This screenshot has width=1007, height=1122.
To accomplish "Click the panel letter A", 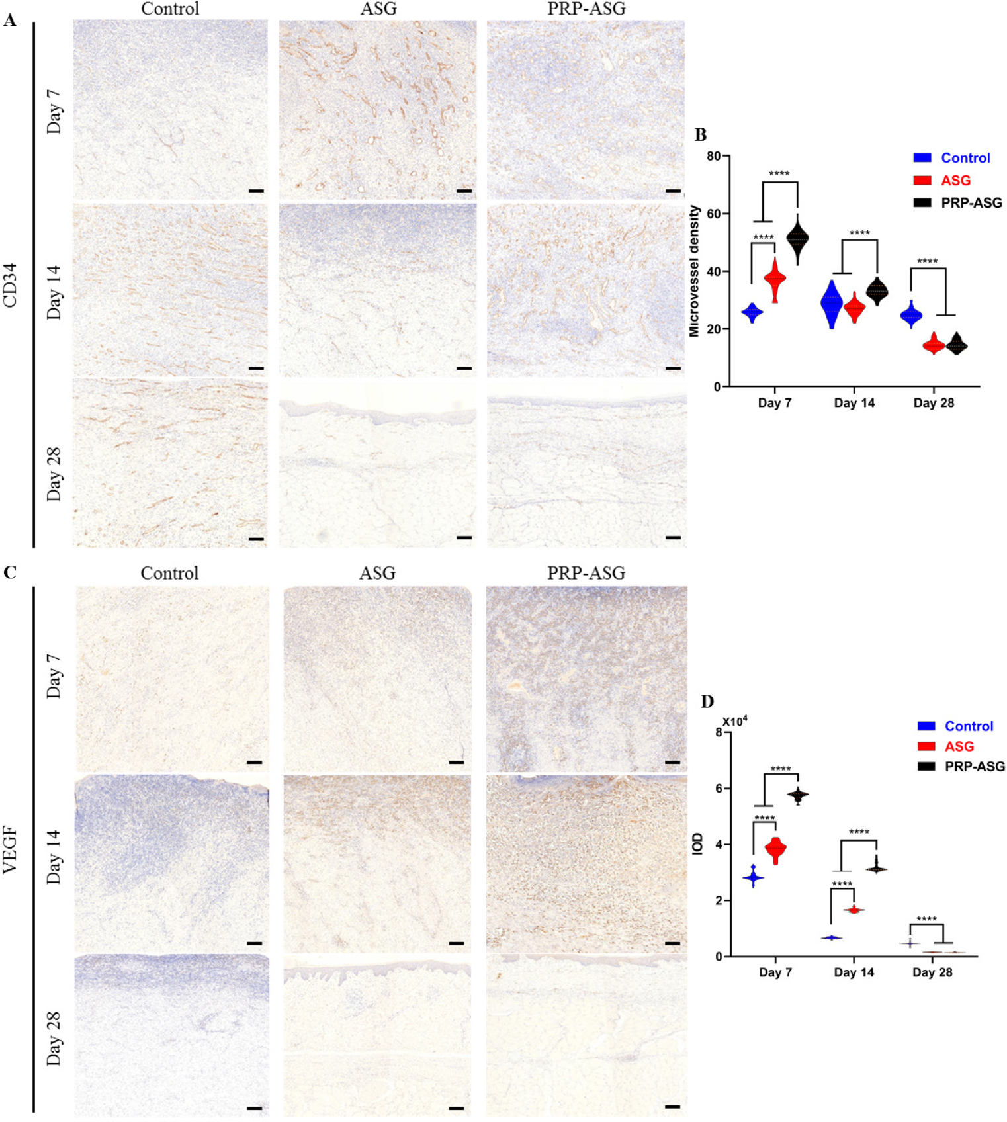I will pos(9,21).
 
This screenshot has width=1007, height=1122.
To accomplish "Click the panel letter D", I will pos(707,701).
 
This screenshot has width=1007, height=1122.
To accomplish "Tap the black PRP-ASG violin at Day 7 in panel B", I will pos(797,238).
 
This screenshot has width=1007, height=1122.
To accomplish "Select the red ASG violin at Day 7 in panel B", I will pos(775,279).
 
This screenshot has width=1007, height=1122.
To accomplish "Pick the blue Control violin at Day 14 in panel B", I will pos(832,304).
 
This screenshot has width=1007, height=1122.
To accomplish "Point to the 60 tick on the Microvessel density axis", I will pos(713,214).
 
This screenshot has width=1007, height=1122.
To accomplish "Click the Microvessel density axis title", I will pos(694,271).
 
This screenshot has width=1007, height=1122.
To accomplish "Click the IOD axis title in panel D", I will pos(697,843).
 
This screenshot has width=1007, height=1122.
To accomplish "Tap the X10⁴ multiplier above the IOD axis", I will pos(734,721).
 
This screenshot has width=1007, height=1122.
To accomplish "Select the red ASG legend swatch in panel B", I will pos(922,180).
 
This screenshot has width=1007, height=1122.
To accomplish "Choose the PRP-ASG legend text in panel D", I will pos(974,766).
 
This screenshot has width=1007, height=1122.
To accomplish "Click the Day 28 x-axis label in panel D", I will pos(932,972).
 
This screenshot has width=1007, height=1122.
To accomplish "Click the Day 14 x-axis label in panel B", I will pos(854,403).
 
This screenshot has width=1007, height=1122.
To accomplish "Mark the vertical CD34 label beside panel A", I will pos(10,285).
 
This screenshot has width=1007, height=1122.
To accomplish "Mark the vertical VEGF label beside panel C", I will pos(10,849).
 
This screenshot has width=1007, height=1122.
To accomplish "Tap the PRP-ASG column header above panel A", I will pos(586,9).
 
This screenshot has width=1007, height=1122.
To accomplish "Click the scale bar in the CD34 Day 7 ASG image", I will pos(464,191).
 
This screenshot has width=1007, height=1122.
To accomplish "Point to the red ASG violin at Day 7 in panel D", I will pos(775,849).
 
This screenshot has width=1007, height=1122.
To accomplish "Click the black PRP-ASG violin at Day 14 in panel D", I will pos(877,869).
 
